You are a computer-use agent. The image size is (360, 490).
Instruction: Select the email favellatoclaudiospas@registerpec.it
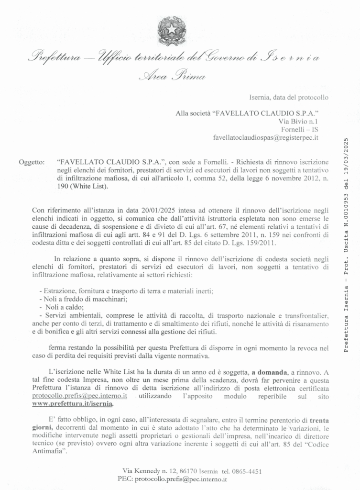(266, 138)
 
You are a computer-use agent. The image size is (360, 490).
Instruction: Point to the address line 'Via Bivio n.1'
(298, 122)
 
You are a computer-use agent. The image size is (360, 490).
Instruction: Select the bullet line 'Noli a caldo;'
(65, 307)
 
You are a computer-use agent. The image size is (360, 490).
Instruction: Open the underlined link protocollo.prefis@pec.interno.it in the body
(79, 396)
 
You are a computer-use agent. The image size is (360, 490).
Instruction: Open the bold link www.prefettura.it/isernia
(73, 404)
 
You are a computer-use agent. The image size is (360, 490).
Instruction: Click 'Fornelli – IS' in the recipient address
(300, 130)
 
